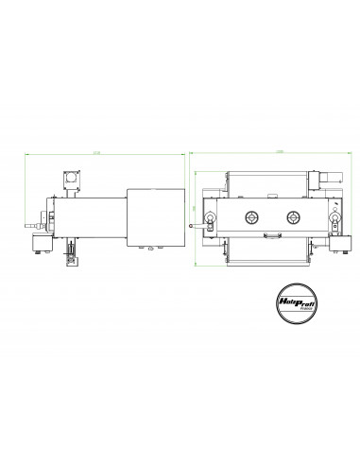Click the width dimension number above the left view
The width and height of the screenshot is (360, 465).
(97, 152)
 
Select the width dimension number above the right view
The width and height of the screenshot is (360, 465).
(267, 152)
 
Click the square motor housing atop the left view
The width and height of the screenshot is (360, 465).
(71, 180)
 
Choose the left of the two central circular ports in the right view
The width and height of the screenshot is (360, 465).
(252, 217)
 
